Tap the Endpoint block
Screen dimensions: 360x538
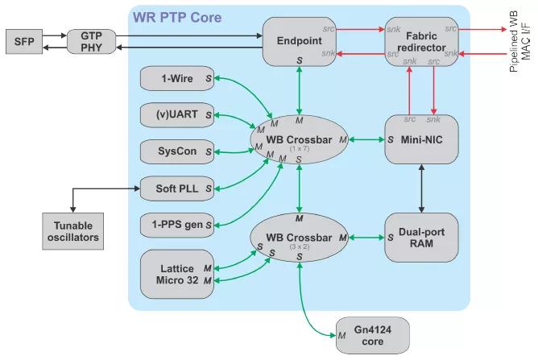299,41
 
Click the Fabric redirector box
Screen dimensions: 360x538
421,41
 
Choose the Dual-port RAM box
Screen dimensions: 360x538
421,238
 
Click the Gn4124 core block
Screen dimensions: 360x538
372,334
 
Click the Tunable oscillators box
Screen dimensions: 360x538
72,232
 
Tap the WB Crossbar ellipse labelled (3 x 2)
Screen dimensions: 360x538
299,238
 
